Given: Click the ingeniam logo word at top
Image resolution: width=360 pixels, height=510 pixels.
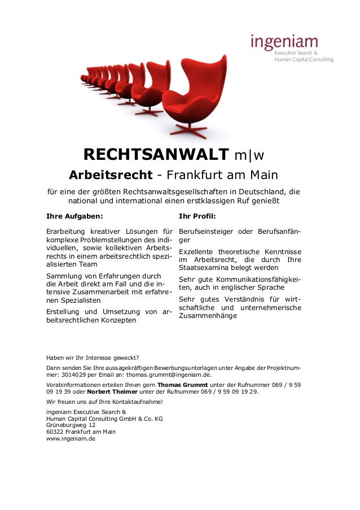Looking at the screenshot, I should [284, 43].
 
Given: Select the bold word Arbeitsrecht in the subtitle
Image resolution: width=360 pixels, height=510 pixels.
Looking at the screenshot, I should [111, 175].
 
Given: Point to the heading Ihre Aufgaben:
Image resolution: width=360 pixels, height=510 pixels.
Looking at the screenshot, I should [74, 215].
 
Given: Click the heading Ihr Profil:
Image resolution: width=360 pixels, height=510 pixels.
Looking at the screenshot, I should [197, 215].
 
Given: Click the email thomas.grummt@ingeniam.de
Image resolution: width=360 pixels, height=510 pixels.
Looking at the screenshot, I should [169, 374].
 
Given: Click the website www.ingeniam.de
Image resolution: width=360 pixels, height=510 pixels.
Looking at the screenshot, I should [71, 438].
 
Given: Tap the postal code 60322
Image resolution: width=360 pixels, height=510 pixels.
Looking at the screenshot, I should [55, 431].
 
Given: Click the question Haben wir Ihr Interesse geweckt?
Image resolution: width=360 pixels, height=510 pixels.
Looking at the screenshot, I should [93, 357].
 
